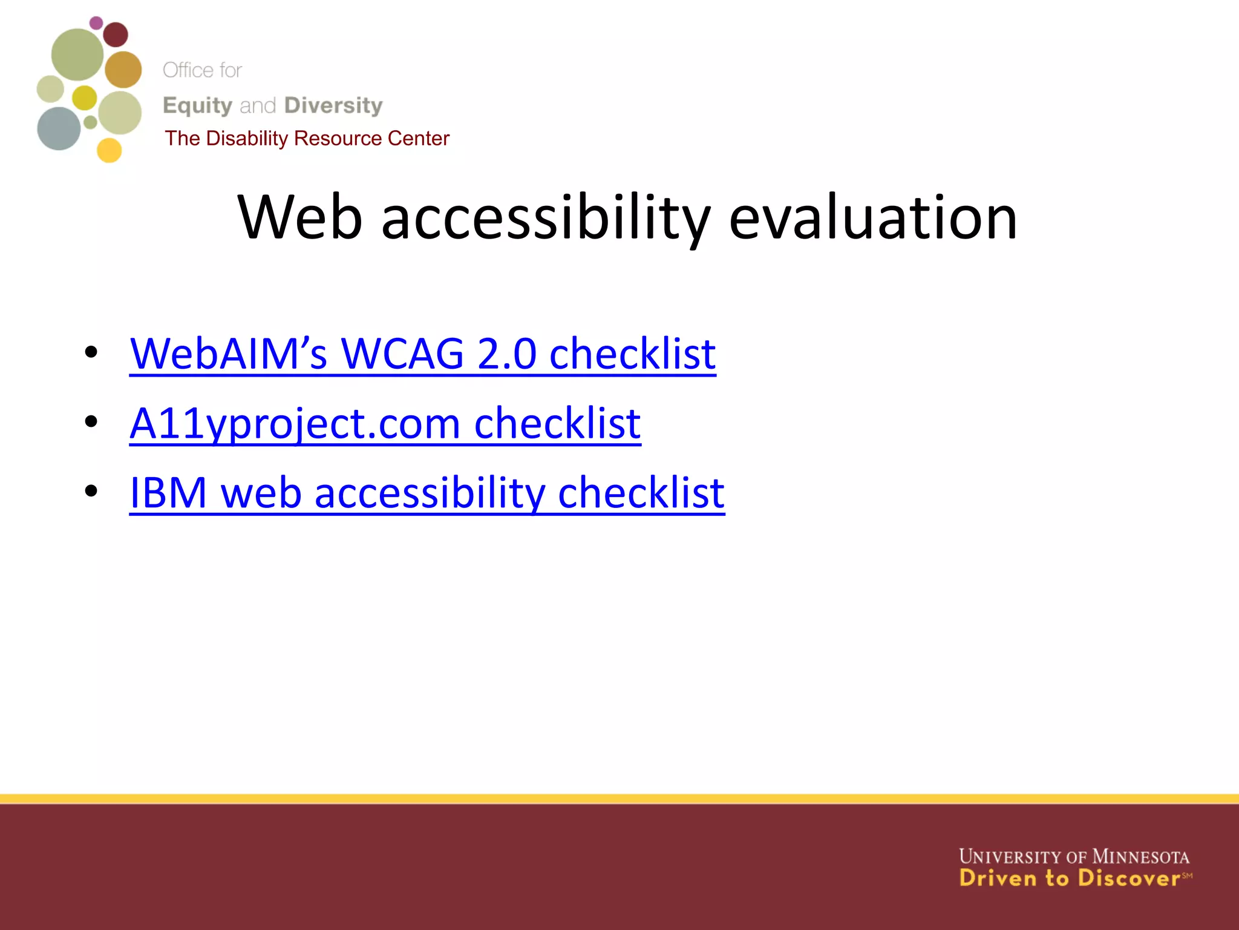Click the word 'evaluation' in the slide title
(873, 218)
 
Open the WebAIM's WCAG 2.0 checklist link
(422, 354)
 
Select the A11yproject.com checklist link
(385, 424)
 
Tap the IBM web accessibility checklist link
(427, 493)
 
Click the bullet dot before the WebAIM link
(91, 352)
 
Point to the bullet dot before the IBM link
(91, 490)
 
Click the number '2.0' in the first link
(506, 354)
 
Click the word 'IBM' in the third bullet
(168, 493)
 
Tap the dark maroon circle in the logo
(116, 35)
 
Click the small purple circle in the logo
(96, 23)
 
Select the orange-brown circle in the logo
(123, 70)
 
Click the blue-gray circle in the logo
(59, 128)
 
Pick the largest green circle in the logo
(77, 54)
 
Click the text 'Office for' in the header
(202, 70)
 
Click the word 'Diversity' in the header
(333, 105)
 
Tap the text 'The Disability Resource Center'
(307, 139)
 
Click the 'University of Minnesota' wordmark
(1074, 857)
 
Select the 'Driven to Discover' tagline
(1069, 879)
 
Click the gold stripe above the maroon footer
(619, 799)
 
